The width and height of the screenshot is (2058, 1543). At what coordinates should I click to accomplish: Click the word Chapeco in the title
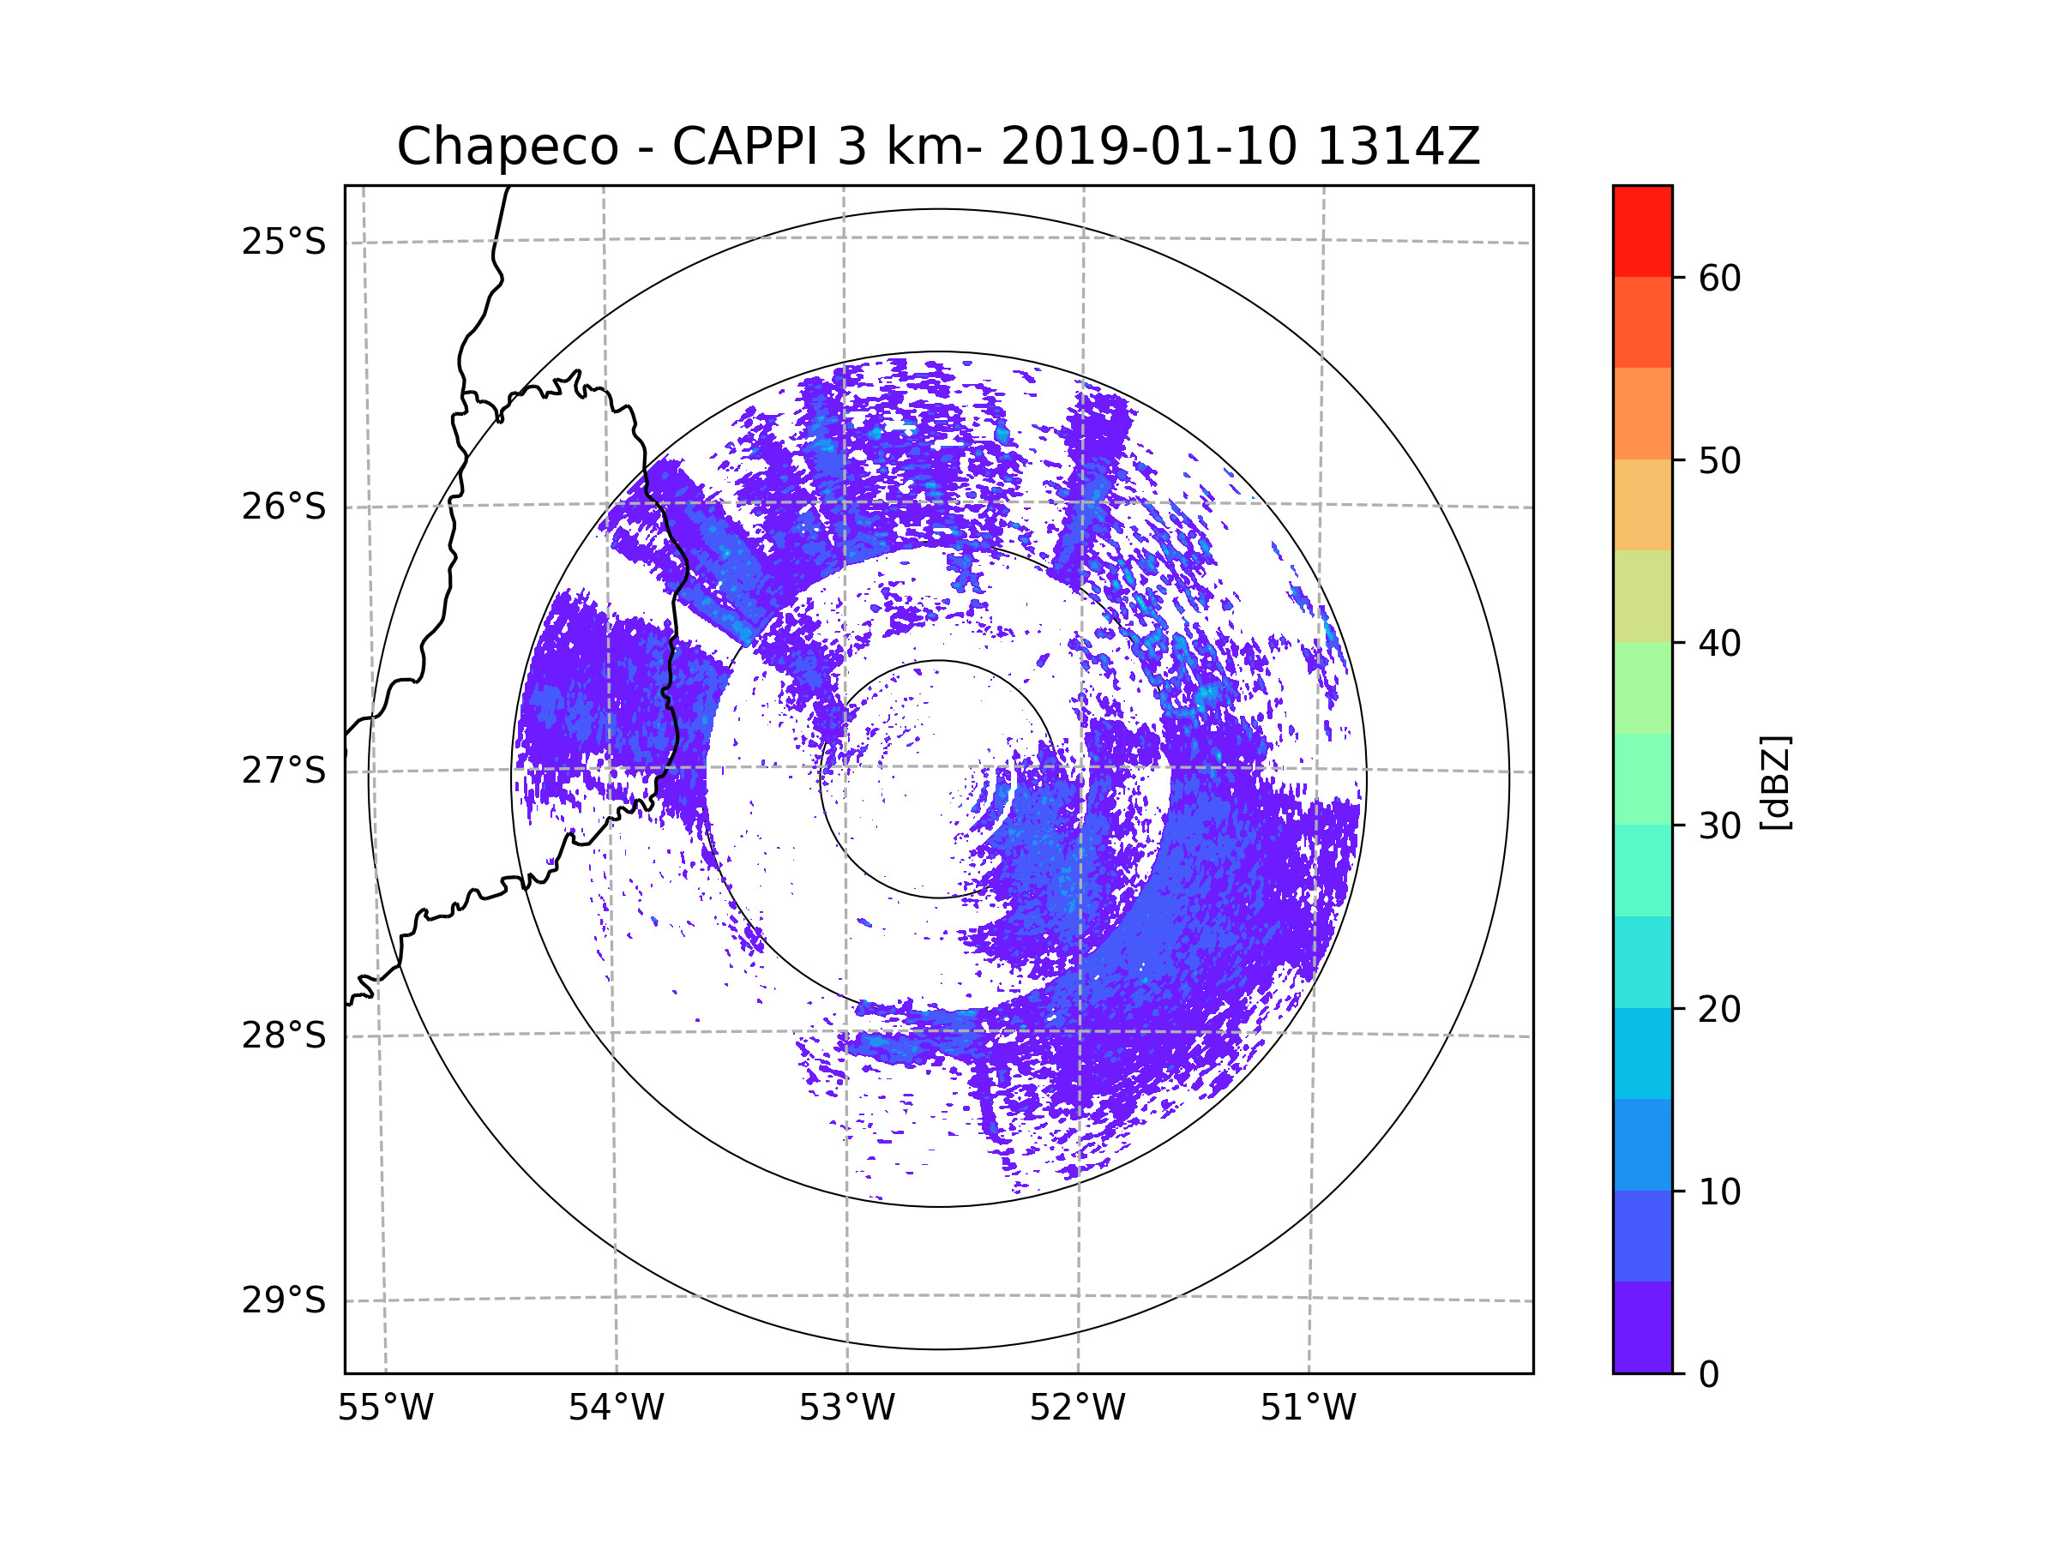click(507, 147)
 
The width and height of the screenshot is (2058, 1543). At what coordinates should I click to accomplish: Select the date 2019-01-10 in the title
click(1148, 147)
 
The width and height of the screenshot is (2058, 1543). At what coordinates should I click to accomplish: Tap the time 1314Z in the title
click(1398, 147)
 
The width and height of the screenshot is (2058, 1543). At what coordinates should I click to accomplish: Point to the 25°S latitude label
click(284, 242)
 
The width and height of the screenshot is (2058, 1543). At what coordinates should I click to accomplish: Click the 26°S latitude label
click(284, 507)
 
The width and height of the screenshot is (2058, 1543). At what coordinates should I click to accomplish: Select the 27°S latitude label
click(284, 771)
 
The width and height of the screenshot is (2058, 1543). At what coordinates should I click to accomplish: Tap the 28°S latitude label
click(284, 1036)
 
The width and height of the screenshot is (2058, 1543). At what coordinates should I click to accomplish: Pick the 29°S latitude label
click(284, 1300)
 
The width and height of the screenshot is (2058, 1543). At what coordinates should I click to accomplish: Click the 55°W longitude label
click(385, 1408)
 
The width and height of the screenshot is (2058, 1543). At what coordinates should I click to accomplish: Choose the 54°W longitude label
click(616, 1408)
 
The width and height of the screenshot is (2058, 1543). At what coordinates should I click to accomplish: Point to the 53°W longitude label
click(846, 1408)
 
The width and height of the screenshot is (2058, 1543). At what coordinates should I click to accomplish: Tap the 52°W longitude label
click(1077, 1408)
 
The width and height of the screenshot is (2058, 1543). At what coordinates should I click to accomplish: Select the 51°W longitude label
click(1308, 1408)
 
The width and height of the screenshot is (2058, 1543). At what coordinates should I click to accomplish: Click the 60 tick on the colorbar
click(1719, 278)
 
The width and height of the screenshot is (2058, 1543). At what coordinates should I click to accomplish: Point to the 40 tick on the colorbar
click(1719, 644)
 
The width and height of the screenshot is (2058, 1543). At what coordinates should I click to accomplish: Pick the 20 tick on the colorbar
click(1719, 1009)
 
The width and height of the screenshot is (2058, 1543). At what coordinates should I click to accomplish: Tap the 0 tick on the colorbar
click(1709, 1375)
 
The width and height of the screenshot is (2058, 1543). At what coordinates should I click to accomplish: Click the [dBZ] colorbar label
click(1775, 782)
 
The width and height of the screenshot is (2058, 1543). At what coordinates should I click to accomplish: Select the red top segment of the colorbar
click(1642, 231)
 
